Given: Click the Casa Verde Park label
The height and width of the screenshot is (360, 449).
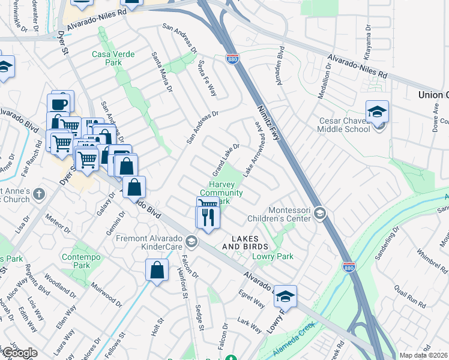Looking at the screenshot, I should tap(107, 58).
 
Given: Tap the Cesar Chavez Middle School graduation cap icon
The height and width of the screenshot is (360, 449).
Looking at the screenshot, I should tap(377, 112).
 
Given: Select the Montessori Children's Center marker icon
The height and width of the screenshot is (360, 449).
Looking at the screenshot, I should tap(320, 212).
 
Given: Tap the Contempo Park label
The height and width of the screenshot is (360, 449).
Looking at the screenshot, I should tap(76, 261).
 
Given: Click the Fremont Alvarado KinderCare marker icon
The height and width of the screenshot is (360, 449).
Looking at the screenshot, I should tap(191, 242).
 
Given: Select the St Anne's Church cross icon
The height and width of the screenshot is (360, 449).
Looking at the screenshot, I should tap(39, 194).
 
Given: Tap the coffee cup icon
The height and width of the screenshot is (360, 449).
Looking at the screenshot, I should tap(60, 103).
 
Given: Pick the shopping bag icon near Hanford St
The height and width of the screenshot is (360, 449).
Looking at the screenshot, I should tap(156, 269).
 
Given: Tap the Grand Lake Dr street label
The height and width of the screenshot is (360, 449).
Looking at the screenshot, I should tap(226, 159).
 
